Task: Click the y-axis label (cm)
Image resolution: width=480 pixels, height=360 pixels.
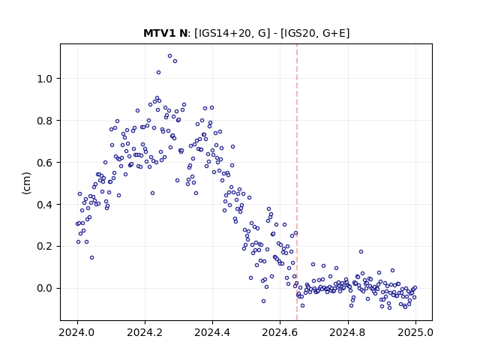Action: [27, 183]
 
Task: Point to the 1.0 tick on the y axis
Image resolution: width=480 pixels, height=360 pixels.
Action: [45, 79]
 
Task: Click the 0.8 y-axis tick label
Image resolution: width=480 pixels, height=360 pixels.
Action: [45, 121]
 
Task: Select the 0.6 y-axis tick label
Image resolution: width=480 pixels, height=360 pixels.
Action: [45, 163]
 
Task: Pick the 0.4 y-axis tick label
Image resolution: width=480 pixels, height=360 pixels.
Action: [45, 205]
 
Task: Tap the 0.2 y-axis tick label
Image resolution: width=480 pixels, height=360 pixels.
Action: [45, 247]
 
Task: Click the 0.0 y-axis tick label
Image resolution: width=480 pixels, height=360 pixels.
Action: [45, 289]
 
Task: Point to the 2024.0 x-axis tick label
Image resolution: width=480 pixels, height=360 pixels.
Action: [77, 332]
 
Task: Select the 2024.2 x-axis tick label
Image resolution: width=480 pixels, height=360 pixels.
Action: [145, 332]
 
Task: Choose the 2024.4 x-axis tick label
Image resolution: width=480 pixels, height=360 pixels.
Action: [212, 332]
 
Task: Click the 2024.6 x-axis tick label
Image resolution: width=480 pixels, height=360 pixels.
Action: [280, 332]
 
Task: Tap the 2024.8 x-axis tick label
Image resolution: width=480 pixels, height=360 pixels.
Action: [348, 332]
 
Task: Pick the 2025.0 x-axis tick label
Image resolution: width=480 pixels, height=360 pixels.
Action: [415, 332]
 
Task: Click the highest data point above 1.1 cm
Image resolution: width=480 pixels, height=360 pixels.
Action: [170, 55]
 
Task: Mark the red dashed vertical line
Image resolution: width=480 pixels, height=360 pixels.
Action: [297, 182]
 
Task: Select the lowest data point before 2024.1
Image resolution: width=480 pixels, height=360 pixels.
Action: [91, 258]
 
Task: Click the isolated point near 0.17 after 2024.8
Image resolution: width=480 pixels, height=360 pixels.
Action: [361, 252]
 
